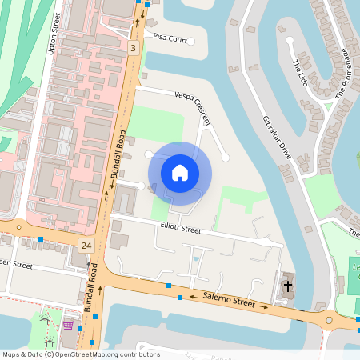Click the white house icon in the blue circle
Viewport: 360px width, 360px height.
point(180,173)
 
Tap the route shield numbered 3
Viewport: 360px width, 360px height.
point(134,49)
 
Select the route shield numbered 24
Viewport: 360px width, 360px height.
point(86,244)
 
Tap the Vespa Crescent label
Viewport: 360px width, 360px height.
point(189,106)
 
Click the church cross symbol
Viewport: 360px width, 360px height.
point(287,286)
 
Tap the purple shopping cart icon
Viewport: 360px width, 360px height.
point(69,326)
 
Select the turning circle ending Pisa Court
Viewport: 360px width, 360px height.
point(190,39)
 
